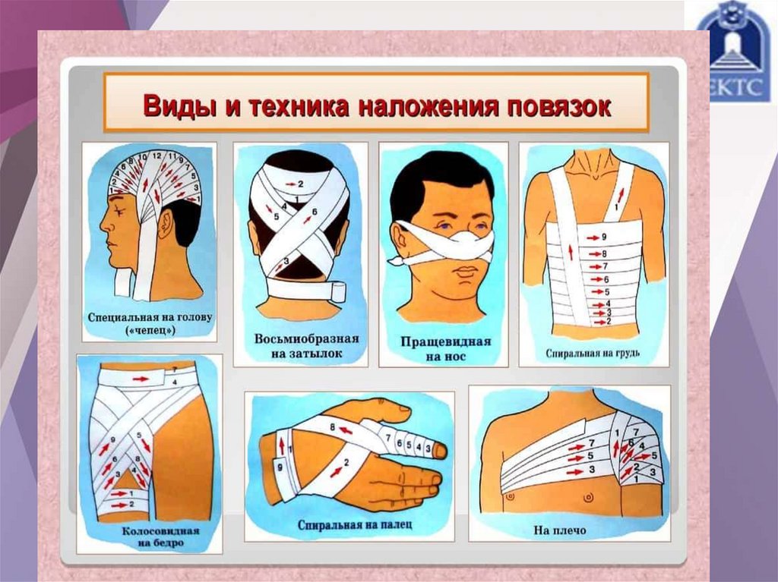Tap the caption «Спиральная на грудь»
tap(593, 354)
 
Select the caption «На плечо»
tap(560, 530)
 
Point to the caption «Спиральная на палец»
tap(355, 524)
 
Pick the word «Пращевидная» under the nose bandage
tap(445, 341)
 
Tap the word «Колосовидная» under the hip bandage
tap(161, 531)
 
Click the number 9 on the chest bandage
tap(604, 237)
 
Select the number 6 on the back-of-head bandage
tap(314, 212)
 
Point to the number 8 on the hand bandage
tap(333, 427)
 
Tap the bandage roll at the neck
tap(339, 291)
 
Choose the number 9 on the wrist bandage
tap(280, 467)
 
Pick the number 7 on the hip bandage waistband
tap(175, 370)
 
